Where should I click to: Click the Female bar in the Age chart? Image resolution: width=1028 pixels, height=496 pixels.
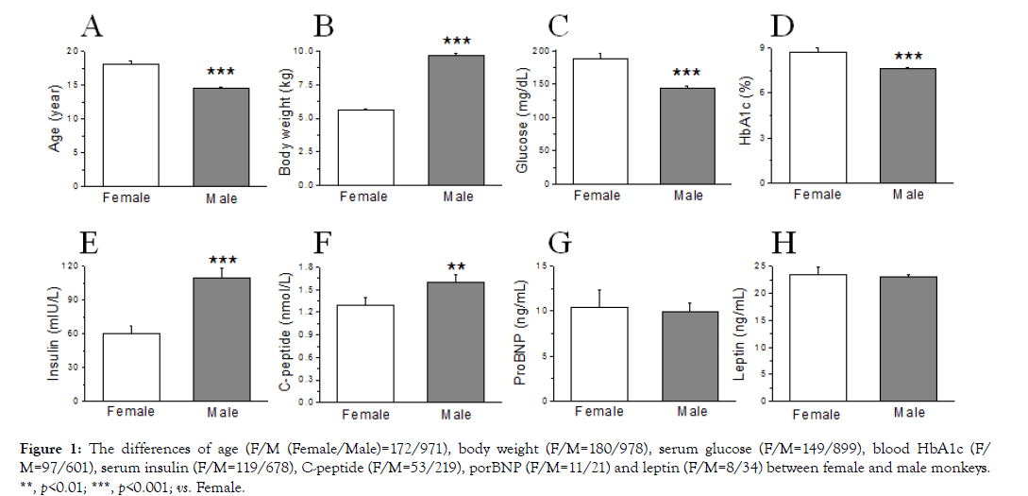pyautogui.click(x=131, y=125)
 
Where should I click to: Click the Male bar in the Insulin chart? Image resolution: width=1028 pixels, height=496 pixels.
pyautogui.click(x=223, y=339)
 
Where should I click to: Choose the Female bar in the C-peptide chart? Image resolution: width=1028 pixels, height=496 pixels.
pyautogui.click(x=364, y=353)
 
